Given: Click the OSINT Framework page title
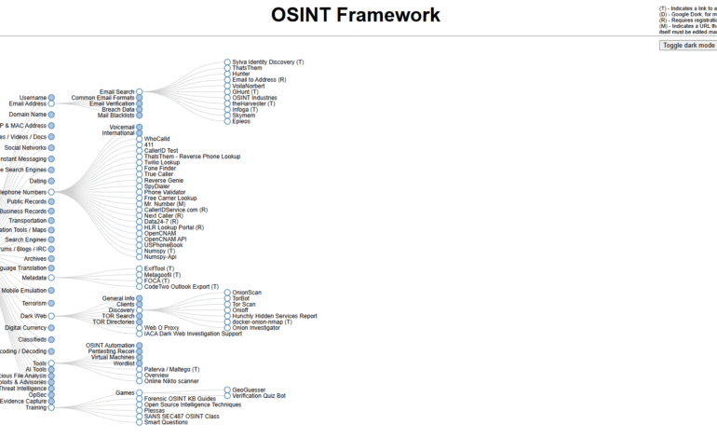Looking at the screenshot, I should (x=356, y=15).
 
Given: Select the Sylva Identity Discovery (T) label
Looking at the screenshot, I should (x=268, y=62).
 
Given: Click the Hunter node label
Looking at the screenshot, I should (x=241, y=74).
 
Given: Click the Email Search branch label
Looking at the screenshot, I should (x=117, y=92).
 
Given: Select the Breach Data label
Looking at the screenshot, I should (x=117, y=109).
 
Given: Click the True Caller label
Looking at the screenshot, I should (x=158, y=174).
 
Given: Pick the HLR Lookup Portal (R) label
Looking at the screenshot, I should (x=174, y=227).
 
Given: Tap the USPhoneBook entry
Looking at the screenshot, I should (x=164, y=245).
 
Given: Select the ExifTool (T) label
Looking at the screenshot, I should (x=159, y=268).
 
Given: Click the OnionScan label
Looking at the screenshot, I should (x=247, y=293).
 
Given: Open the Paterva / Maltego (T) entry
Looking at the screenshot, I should (x=171, y=369).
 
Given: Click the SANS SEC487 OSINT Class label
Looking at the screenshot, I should (x=182, y=416).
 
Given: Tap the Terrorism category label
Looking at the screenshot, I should (x=34, y=303).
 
